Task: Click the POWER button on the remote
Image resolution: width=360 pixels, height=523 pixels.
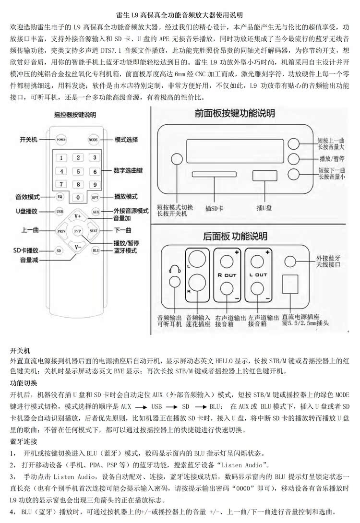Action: click(x=60, y=140)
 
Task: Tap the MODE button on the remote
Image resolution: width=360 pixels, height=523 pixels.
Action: click(x=93, y=140)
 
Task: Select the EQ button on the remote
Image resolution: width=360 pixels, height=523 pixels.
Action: click(x=60, y=197)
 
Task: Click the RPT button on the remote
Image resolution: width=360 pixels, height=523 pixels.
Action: click(x=95, y=197)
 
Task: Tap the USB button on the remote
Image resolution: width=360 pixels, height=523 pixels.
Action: click(x=59, y=211)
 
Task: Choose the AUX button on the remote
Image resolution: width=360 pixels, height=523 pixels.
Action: click(x=96, y=211)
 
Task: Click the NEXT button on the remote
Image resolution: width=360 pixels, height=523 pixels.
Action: click(x=94, y=231)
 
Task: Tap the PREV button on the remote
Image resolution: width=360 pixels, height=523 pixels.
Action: click(x=61, y=231)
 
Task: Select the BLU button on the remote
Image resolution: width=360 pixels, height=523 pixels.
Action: click(x=95, y=250)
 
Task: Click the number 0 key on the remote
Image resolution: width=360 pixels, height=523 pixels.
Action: click(x=77, y=197)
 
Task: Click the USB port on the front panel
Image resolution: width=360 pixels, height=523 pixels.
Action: click(x=262, y=176)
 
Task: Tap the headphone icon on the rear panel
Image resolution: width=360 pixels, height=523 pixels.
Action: click(x=174, y=270)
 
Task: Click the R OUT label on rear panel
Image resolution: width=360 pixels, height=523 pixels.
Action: click(x=227, y=275)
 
